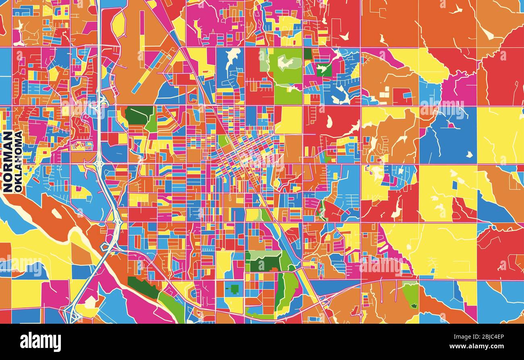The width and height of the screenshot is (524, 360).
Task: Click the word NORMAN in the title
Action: tap(7, 161)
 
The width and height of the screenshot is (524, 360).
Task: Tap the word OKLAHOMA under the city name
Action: tap(18, 161)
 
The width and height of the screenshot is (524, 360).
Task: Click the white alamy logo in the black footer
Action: tap(40, 342)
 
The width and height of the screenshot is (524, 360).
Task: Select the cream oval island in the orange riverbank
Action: tap(56, 214)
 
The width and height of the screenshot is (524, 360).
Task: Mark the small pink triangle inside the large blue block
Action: tap(451, 125)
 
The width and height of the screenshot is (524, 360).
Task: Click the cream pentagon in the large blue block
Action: tap(469, 154)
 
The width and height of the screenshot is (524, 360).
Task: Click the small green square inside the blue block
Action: tap(234, 289)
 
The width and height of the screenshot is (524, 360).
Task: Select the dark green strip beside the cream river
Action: tap(143, 287)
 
